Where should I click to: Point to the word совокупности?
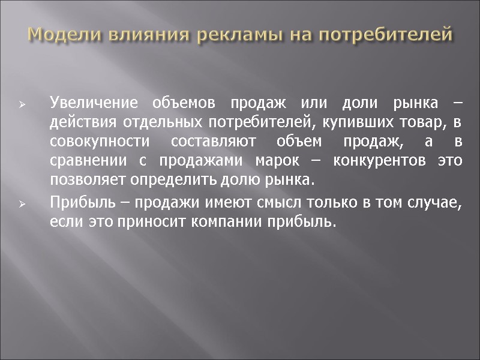click(97, 143)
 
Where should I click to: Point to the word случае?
click(435, 203)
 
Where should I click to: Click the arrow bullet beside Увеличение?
click(21, 104)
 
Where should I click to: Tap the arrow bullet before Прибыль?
click(21, 205)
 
